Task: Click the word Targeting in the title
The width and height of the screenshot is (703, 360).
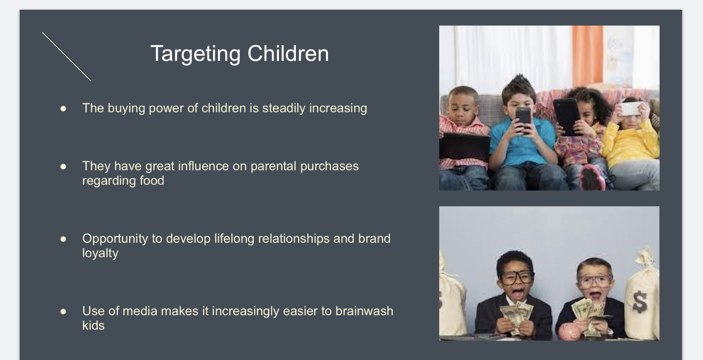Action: coord(196,54)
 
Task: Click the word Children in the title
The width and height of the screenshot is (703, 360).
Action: coord(288,53)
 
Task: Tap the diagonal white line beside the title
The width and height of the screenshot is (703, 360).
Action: coord(67,56)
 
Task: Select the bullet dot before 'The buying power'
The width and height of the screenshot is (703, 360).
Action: coord(63,109)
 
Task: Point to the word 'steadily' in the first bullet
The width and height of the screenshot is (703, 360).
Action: coord(284,108)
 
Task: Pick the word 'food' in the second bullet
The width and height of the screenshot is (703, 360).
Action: coord(152,180)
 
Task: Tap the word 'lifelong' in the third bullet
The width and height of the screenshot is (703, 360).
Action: coord(234,239)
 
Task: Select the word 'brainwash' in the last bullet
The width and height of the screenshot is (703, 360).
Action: coord(364,311)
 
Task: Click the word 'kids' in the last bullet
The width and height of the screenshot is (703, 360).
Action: coord(93,325)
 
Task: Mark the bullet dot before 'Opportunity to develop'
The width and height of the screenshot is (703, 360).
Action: coord(63,239)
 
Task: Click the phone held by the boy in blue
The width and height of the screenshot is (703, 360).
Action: coord(523,120)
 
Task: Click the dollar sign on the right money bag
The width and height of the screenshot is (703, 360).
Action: coord(640,302)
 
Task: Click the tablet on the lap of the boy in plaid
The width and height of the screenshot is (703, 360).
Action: coord(464,146)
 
